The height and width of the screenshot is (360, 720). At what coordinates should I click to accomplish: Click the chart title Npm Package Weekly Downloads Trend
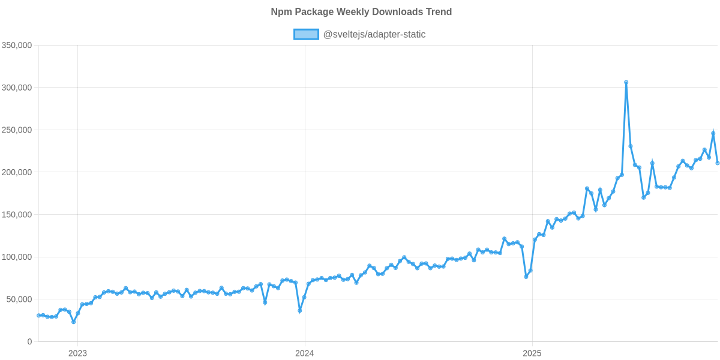(361, 12)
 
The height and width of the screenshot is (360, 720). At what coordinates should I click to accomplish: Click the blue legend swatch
(306, 34)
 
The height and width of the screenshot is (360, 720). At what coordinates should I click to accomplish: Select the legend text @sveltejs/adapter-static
(374, 34)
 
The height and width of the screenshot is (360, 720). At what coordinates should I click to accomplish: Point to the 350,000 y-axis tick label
(17, 46)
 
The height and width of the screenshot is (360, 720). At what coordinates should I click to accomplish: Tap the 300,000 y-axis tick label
(17, 88)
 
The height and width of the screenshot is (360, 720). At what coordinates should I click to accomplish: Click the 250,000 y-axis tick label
(17, 130)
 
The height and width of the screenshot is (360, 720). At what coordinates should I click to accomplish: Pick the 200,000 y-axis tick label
(17, 172)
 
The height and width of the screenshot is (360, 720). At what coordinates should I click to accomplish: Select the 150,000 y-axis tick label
(17, 215)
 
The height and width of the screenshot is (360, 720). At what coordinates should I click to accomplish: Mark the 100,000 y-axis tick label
(17, 257)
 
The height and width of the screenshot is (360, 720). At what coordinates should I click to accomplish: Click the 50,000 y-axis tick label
(19, 299)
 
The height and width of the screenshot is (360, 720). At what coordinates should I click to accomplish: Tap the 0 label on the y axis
(29, 341)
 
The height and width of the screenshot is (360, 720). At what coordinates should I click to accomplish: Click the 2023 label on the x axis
(77, 353)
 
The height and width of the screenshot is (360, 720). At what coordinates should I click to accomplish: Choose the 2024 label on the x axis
(304, 353)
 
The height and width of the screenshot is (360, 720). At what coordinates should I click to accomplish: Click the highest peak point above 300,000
(626, 82)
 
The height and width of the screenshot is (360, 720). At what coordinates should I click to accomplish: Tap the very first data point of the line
(38, 315)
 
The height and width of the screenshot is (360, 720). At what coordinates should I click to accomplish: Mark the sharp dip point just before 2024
(299, 311)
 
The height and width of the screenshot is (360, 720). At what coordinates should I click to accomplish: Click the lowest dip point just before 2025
(526, 277)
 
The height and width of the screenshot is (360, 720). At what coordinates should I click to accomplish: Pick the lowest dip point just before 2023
(73, 322)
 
